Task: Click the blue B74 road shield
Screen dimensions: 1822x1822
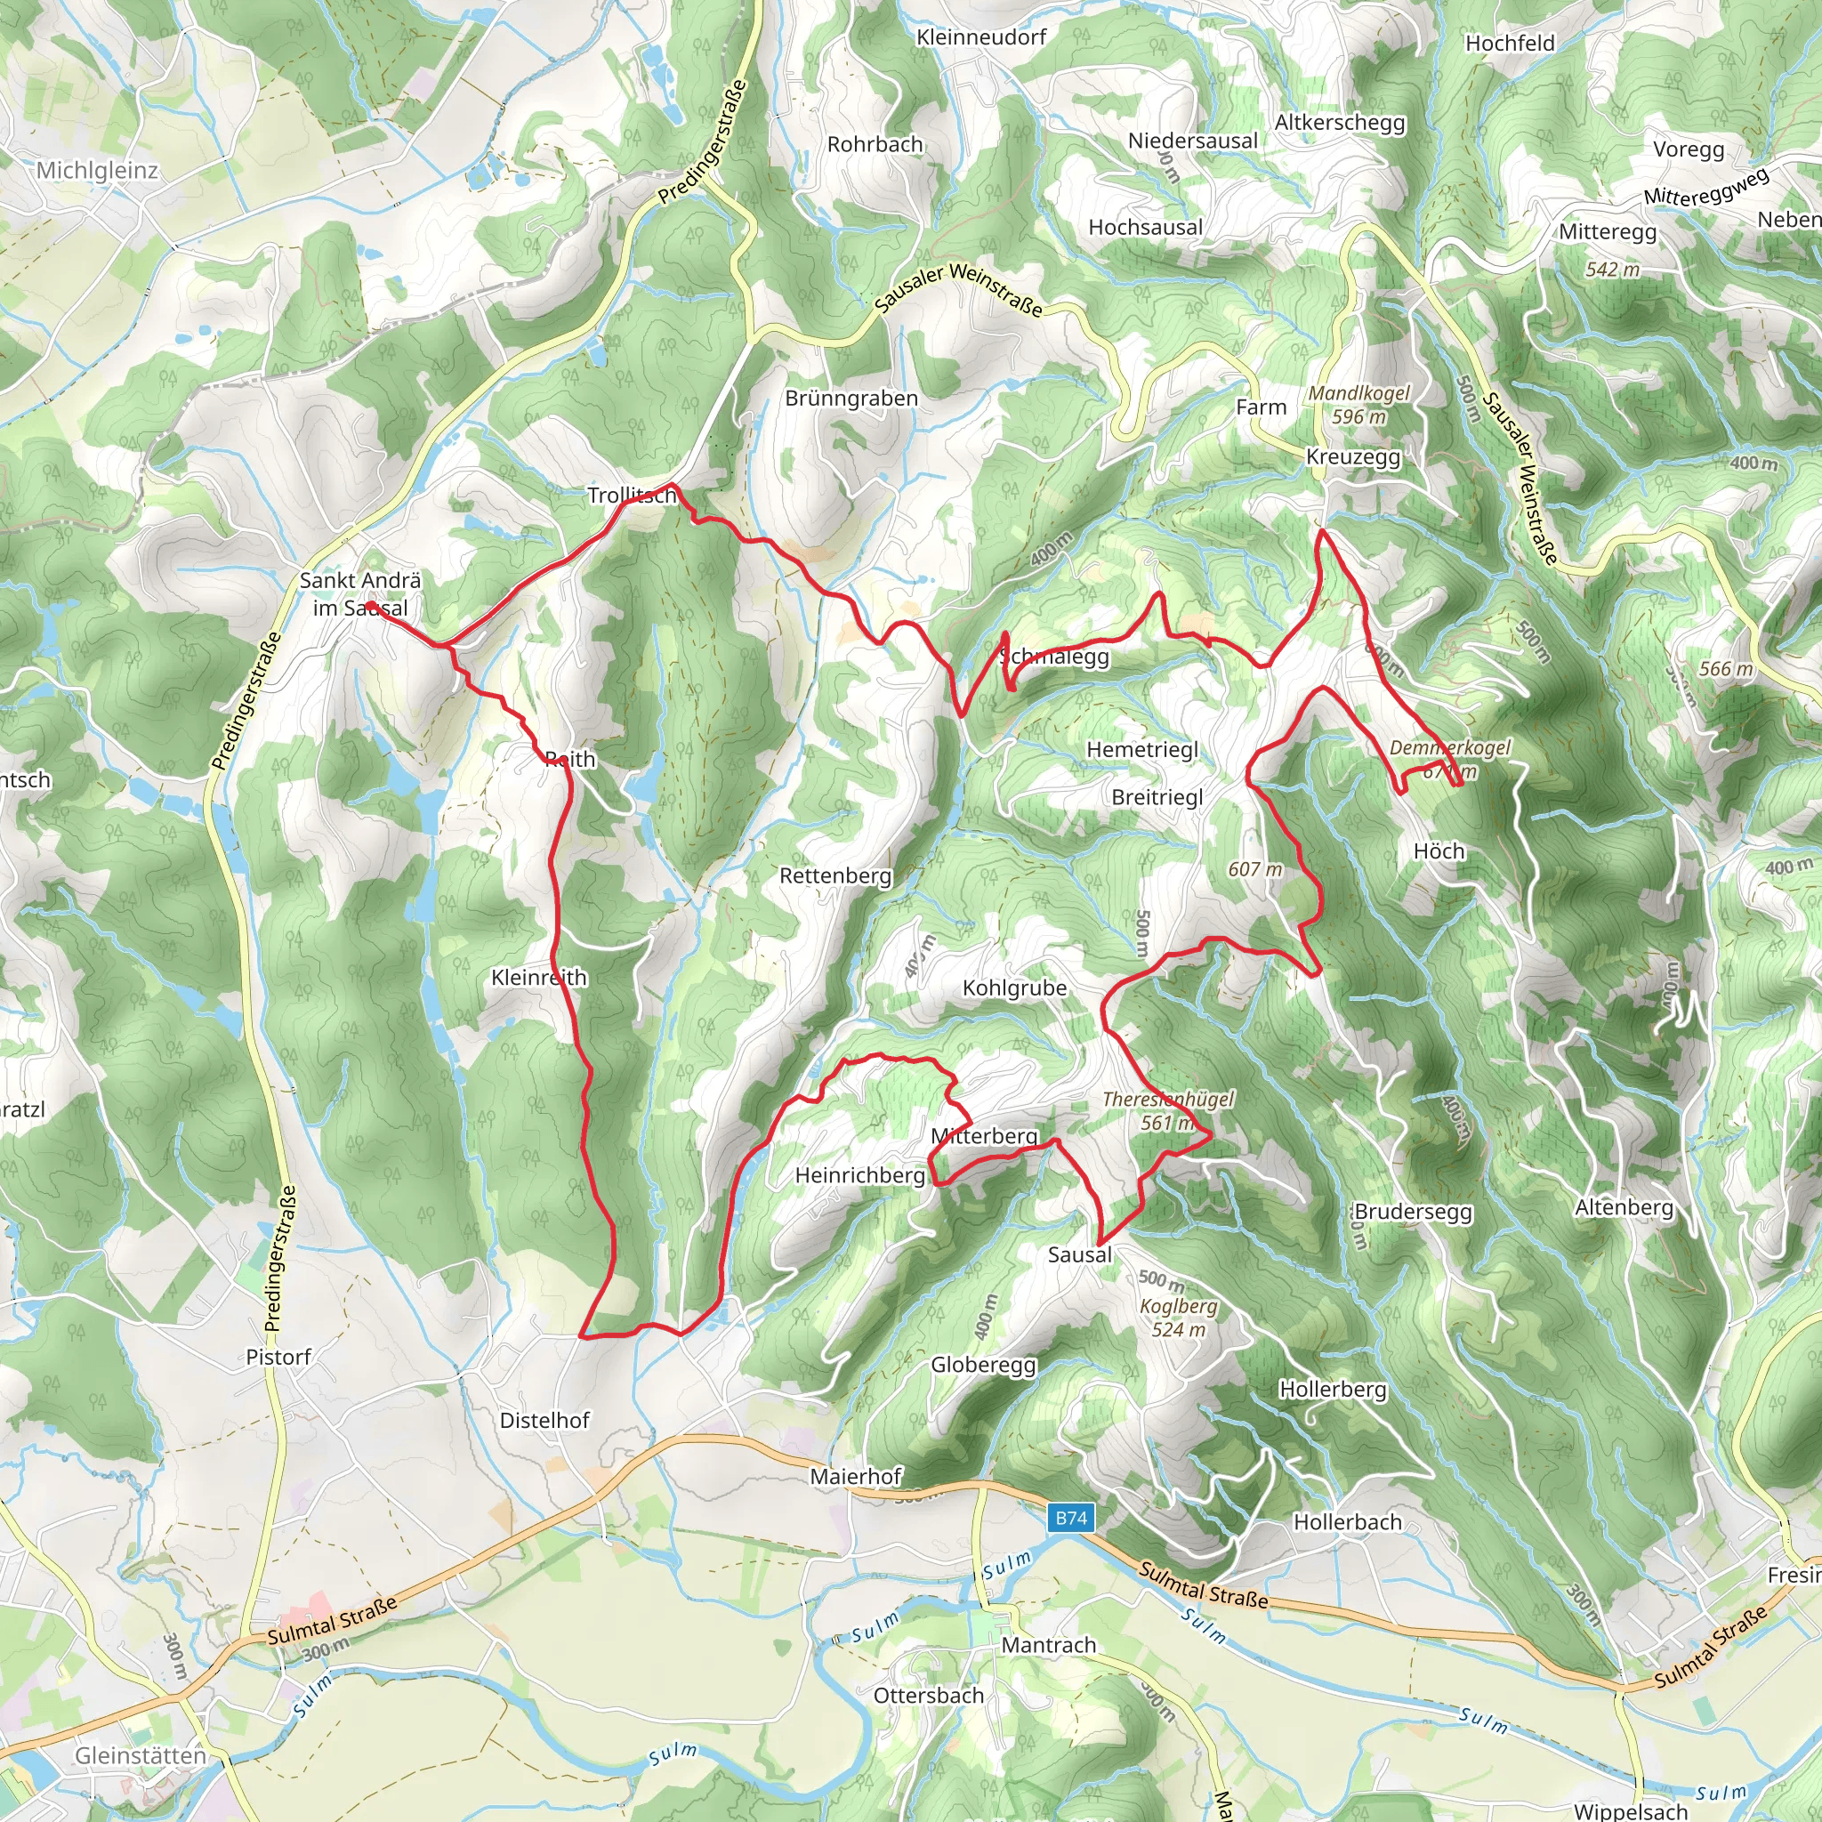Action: (x=1070, y=1519)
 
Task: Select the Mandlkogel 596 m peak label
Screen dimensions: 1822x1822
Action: (x=1359, y=405)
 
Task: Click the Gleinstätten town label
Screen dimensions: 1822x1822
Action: (x=140, y=1756)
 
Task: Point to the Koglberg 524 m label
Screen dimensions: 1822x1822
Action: (x=1179, y=1318)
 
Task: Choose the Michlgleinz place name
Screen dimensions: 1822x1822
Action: (x=97, y=171)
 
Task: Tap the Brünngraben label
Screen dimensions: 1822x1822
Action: (x=851, y=398)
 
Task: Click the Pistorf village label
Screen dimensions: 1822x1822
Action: (x=278, y=1357)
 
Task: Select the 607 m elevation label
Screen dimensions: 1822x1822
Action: (x=1255, y=869)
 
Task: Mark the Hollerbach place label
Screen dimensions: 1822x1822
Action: (x=1347, y=1522)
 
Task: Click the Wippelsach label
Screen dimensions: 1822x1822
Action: (x=1631, y=1810)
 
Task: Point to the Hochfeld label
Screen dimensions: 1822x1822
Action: (x=1510, y=44)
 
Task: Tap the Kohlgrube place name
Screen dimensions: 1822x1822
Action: (x=1015, y=988)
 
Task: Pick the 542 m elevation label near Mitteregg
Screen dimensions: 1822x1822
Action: (x=1613, y=270)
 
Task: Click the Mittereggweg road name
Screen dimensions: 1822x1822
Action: (x=1707, y=185)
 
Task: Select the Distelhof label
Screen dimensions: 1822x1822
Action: (x=544, y=1420)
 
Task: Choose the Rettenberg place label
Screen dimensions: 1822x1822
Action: (x=834, y=875)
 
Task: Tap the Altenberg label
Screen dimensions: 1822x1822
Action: (x=1624, y=1207)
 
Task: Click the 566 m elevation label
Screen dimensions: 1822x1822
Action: (x=1726, y=669)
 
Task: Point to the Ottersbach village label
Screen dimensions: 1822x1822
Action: (x=928, y=1696)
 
